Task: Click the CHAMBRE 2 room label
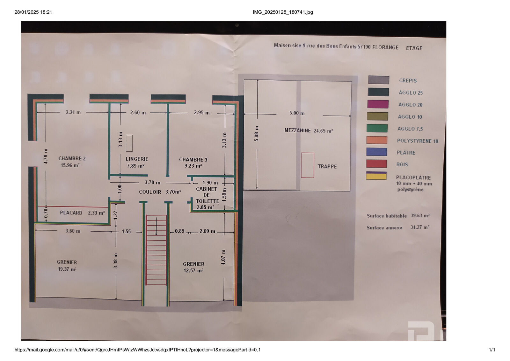coord(72,158)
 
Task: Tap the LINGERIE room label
coord(137,159)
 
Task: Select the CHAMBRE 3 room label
coord(193,160)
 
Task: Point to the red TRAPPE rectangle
coord(307,165)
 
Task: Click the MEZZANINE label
coord(297,131)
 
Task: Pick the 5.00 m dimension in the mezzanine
coord(297,113)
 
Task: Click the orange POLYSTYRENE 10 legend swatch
coord(376,140)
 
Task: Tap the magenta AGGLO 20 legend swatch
coord(378,104)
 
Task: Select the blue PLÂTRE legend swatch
coord(376,152)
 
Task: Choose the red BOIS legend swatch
coord(376,164)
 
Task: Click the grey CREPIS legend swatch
coord(378,80)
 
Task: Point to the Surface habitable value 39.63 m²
coord(420,215)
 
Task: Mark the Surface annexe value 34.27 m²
coord(420,227)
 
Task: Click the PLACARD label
coord(71,213)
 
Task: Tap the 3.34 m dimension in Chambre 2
coord(73,112)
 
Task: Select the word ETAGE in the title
coord(414,48)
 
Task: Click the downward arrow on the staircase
coord(156,226)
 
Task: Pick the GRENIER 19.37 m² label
coord(67,266)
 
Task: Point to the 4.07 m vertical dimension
coord(223,257)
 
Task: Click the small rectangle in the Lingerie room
coord(129,143)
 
